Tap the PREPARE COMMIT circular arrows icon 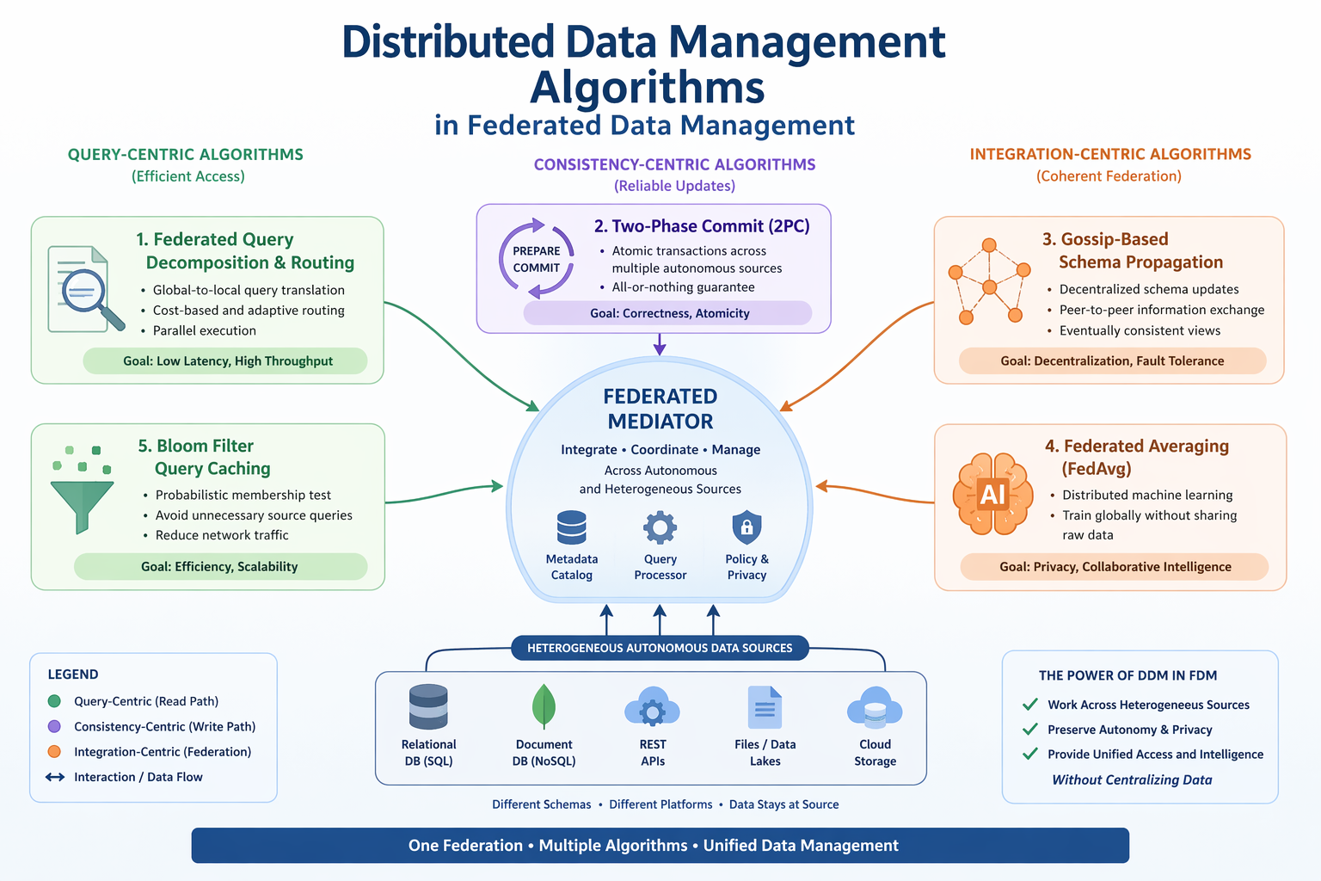tap(537, 259)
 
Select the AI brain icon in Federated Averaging tap(992, 495)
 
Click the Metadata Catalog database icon tap(571, 527)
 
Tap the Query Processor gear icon tap(660, 527)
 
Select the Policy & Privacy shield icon tap(747, 527)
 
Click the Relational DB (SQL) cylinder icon tap(428, 707)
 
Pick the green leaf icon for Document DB tap(544, 706)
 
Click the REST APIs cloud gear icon tap(652, 708)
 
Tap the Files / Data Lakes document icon tap(765, 707)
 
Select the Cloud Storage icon tap(875, 708)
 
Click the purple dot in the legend tap(54, 726)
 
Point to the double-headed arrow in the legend tap(55, 777)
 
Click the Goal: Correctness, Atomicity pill tap(668, 313)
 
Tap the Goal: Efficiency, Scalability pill tap(220, 566)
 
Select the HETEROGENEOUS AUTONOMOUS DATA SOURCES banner tap(660, 648)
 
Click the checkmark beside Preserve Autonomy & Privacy tap(1029, 729)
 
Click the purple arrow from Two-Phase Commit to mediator tap(660, 344)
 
